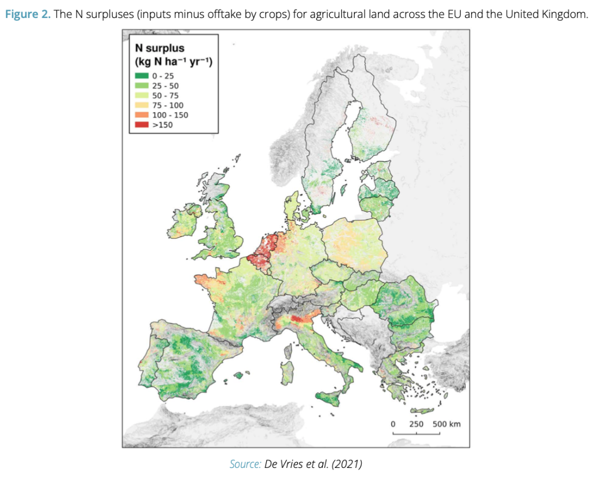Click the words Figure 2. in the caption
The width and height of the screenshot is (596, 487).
click(28, 14)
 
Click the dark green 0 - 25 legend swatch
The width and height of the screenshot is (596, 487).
click(142, 76)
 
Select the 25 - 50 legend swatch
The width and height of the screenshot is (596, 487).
click(142, 86)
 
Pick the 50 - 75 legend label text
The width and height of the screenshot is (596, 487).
click(165, 95)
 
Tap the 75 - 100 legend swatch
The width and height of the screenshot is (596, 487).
click(142, 105)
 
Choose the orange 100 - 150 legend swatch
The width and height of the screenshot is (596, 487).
click(142, 115)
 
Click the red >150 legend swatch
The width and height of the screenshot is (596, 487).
click(142, 124)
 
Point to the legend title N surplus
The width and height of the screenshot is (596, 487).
click(159, 49)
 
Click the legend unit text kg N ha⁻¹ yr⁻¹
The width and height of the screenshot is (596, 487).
click(174, 61)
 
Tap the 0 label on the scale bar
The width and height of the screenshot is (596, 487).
click(392, 424)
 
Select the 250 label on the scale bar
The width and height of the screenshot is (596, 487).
click(416, 424)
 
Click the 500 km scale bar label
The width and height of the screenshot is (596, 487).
click(446, 424)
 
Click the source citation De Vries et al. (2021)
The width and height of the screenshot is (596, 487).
click(313, 464)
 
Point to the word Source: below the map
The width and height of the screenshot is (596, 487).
click(245, 464)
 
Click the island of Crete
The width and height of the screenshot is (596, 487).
click(422, 411)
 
